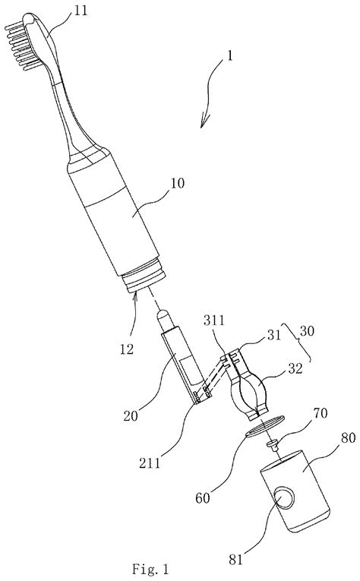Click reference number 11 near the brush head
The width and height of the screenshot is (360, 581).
click(x=81, y=11)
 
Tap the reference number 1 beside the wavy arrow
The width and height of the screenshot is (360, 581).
click(x=230, y=56)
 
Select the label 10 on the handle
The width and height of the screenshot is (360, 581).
click(x=178, y=183)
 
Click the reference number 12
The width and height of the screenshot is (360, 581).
click(x=127, y=349)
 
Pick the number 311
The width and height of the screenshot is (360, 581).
click(x=214, y=320)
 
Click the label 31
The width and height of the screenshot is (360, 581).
click(x=274, y=335)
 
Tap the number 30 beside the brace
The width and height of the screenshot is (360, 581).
click(x=307, y=330)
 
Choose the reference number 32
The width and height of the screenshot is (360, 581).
click(x=295, y=368)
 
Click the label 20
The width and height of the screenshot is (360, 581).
click(x=131, y=415)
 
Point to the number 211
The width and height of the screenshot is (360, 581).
click(x=150, y=463)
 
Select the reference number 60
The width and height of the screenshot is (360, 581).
click(x=203, y=498)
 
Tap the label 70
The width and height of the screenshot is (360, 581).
click(x=321, y=413)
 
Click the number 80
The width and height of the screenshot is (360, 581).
click(x=349, y=437)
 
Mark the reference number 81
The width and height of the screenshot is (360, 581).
click(x=236, y=559)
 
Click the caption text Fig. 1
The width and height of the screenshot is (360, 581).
click(x=150, y=568)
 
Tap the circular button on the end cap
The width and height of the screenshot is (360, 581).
click(x=285, y=498)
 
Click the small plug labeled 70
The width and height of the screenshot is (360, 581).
click(x=273, y=444)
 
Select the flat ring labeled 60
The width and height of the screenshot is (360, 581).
click(x=265, y=426)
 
